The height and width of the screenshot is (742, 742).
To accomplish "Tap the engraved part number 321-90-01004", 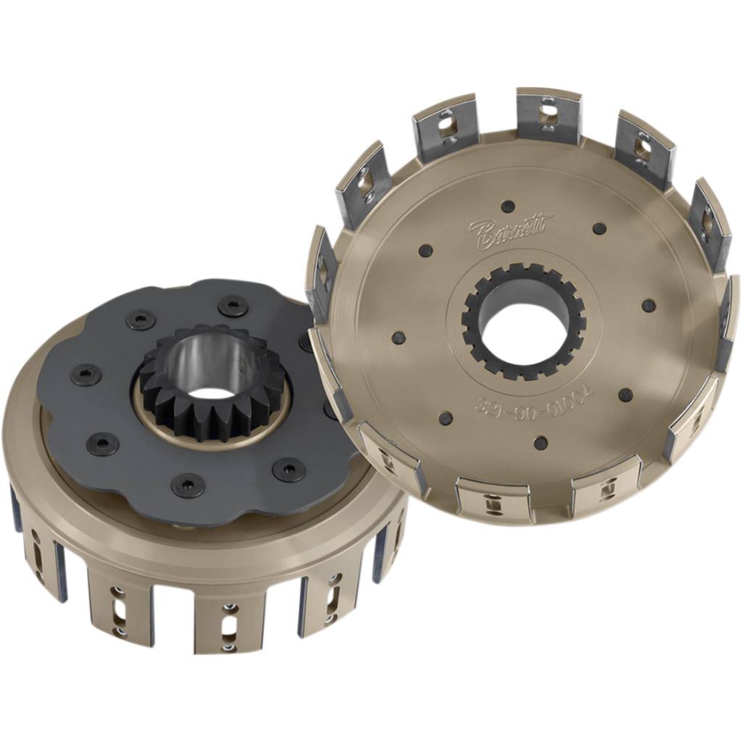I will [x=534, y=400].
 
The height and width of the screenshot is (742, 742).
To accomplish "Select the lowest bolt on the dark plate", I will [x=188, y=484].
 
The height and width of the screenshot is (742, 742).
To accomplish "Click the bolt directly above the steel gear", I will [x=233, y=307].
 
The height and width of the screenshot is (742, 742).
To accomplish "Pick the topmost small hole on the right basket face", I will [x=508, y=207].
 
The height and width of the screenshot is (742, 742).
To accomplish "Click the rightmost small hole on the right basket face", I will [x=649, y=305].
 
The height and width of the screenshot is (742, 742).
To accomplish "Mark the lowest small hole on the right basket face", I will [x=541, y=442].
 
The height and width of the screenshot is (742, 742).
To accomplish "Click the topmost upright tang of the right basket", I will [x=549, y=116].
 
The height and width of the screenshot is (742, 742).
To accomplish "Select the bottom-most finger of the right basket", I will [x=493, y=500].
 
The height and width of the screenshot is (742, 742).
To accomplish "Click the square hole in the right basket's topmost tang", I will [x=550, y=110].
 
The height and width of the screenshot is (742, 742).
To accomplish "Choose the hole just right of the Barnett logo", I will [x=599, y=228].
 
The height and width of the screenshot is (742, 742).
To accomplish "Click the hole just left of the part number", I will [x=446, y=418].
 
